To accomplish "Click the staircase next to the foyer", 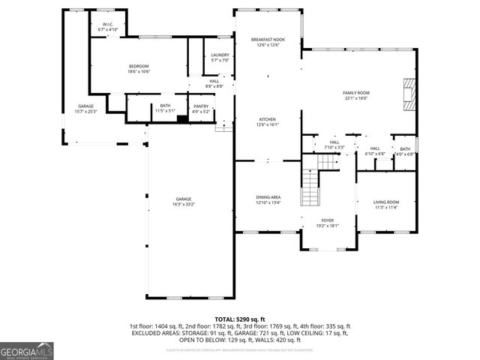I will (310, 187).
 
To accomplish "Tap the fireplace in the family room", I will (408, 94).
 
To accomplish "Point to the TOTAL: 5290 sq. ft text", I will (239, 319).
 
